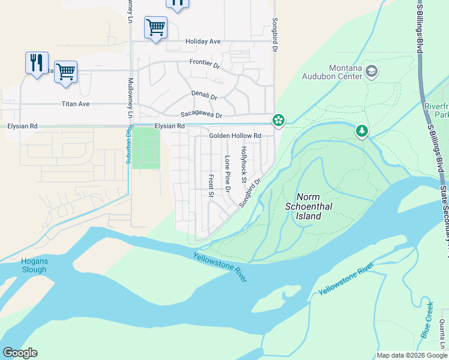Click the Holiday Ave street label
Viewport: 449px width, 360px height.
pyautogui.click(x=203, y=41)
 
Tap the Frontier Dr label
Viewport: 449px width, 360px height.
pyautogui.click(x=206, y=62)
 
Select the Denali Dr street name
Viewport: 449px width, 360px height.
pyautogui.click(x=204, y=95)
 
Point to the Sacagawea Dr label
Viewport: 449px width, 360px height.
pyautogui.click(x=201, y=115)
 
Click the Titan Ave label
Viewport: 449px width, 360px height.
pyautogui.click(x=76, y=104)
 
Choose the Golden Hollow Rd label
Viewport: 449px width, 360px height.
pyautogui.click(x=235, y=136)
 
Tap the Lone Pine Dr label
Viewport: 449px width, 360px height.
pyautogui.click(x=228, y=174)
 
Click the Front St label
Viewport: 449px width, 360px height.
pyautogui.click(x=211, y=186)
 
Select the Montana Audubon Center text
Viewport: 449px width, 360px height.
pyautogui.click(x=345, y=72)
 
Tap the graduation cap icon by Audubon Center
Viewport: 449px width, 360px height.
pyautogui.click(x=372, y=72)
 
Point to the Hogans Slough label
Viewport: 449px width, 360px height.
pyautogui.click(x=34, y=265)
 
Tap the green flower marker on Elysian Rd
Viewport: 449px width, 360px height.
pyautogui.click(x=279, y=120)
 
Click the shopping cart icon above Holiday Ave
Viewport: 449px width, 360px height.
pyautogui.click(x=155, y=27)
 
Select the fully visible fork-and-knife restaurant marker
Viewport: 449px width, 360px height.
pyautogui.click(x=37, y=62)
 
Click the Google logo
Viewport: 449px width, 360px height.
pyautogui.click(x=20, y=353)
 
